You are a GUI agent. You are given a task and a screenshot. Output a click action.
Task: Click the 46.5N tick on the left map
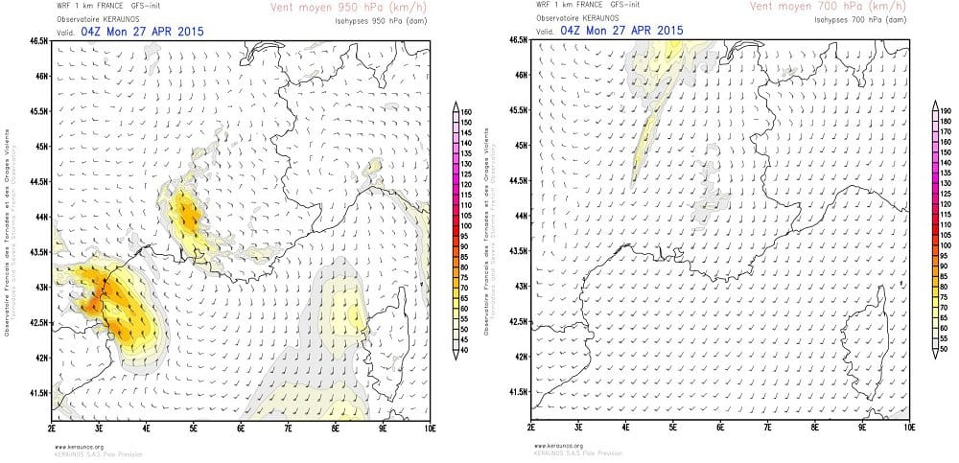(39, 41)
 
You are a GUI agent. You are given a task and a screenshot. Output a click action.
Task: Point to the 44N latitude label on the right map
(519, 216)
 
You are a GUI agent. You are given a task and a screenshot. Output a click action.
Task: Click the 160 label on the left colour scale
(468, 112)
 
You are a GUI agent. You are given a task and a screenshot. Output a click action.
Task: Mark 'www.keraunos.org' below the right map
(554, 446)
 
